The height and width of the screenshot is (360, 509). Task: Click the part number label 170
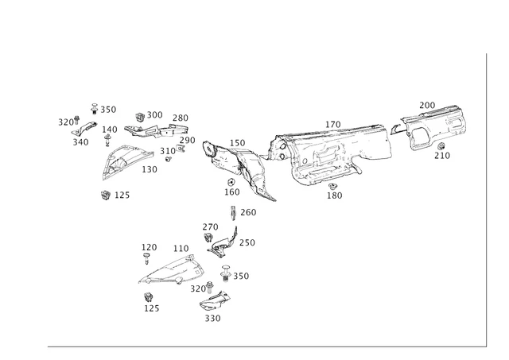point(332,125)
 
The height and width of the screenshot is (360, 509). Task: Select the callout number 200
point(427,106)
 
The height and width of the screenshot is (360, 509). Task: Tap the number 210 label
point(441,156)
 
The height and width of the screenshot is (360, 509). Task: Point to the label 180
point(334,195)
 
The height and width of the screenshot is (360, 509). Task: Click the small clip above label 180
point(332,186)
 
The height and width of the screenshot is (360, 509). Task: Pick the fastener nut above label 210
point(441,146)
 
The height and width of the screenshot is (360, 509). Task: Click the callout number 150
point(238,143)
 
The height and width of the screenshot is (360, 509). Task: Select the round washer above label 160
point(228,182)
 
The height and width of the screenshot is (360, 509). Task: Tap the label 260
point(248,212)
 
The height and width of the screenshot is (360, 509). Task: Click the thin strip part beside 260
point(233,212)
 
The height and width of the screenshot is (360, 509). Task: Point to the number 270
point(210,227)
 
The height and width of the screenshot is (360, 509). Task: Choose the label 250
point(247,243)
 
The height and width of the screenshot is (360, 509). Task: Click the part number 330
point(212,319)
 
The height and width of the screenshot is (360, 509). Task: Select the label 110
point(181,249)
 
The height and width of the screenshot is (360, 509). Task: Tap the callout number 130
point(150,169)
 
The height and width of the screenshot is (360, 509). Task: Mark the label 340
point(80,142)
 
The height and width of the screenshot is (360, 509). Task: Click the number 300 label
point(154,115)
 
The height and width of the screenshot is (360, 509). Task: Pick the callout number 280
point(181,118)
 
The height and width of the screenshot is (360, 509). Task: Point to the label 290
point(187,141)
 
